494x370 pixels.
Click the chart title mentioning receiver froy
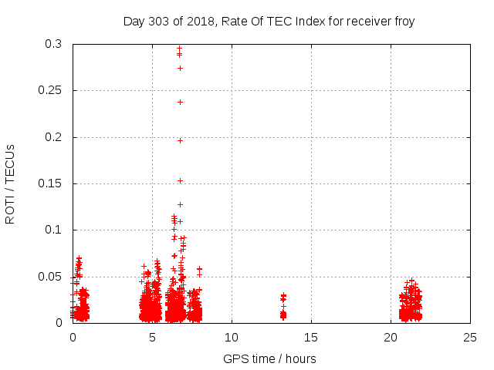point(269,21)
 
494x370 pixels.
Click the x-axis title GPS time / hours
point(269,358)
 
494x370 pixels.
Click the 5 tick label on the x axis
point(152,337)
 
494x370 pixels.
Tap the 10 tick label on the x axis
point(232,337)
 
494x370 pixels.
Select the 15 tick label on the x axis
point(311,337)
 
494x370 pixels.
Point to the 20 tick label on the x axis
point(391,337)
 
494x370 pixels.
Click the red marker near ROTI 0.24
point(180,102)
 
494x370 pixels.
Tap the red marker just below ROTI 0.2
point(180,140)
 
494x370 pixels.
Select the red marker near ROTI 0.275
point(180,68)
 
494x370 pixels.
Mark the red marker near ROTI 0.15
point(180,180)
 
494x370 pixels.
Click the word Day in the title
point(134,21)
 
